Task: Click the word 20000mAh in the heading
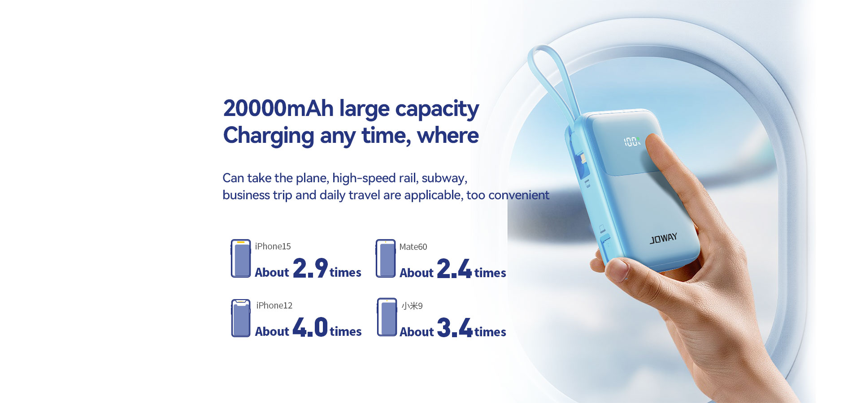(x=278, y=108)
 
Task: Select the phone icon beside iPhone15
(x=241, y=258)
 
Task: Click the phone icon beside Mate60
(x=386, y=258)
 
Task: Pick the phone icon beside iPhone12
(x=241, y=318)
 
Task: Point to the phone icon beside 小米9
(x=387, y=317)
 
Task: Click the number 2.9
(x=310, y=268)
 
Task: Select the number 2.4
(x=454, y=268)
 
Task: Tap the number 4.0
(x=310, y=327)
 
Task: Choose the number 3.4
(x=455, y=327)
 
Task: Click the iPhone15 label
(x=273, y=246)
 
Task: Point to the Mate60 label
(x=413, y=247)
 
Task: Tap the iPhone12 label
(x=274, y=305)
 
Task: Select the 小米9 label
(x=412, y=306)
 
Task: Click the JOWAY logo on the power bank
(x=663, y=239)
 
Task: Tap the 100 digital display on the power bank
(x=631, y=142)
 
